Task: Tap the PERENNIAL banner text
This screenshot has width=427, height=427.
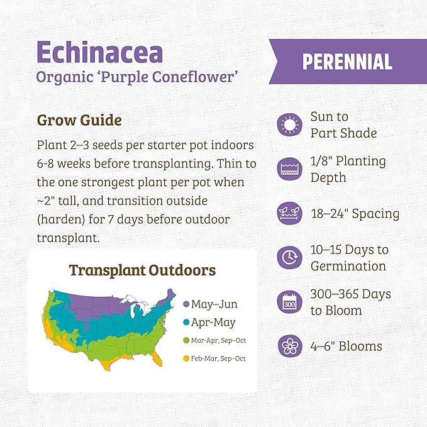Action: point(347,61)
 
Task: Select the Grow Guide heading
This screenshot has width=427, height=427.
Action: point(79,119)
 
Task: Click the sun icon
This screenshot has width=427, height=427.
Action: point(290,125)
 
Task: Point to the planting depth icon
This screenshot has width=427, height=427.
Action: point(290,169)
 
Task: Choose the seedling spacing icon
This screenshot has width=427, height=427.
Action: point(290,214)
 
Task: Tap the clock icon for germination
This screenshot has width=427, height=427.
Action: point(290,258)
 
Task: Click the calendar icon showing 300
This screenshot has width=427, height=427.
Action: point(290,302)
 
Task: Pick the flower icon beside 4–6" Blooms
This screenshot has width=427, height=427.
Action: point(290,346)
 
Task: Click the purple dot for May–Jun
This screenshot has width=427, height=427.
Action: point(186,304)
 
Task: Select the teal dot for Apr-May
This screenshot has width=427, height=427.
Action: point(186,323)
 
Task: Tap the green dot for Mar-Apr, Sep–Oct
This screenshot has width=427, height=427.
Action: point(186,341)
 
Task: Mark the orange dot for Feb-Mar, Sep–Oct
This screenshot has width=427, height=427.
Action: point(186,358)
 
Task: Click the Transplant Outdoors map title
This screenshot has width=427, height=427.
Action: point(142,270)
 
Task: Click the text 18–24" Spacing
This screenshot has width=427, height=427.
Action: point(355,214)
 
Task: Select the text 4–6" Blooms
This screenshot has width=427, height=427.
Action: point(346,346)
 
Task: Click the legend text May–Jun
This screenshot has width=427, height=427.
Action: point(214,304)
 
